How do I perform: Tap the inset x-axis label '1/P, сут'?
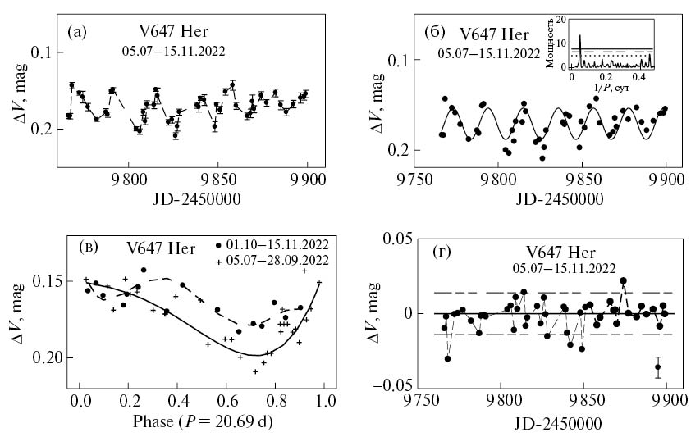tap(611, 86)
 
